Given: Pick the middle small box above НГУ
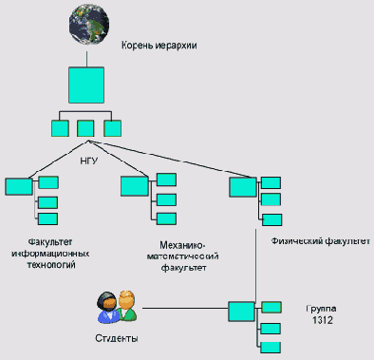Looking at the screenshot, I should [86, 127].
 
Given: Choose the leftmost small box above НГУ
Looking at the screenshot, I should [60, 127].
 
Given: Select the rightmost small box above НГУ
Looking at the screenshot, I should [113, 127].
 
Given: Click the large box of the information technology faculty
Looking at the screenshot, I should [18, 187].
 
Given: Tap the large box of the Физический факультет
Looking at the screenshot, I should [242, 187].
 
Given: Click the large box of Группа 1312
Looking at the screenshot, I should [241, 312].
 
